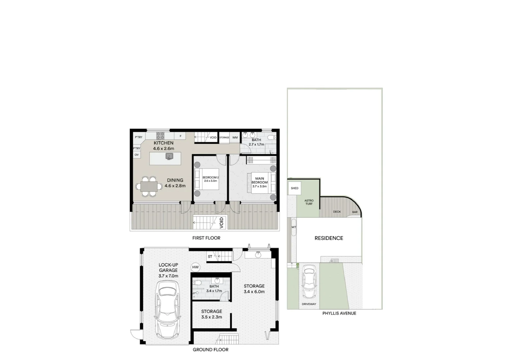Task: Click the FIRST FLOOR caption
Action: [206, 238]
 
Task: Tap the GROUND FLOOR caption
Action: [210, 350]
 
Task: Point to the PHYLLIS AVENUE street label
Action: [339, 313]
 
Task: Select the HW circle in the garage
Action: [195, 267]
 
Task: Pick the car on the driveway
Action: [309, 282]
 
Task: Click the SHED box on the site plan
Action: [295, 188]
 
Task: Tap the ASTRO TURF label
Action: [309, 202]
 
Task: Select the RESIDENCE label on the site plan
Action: [329, 238]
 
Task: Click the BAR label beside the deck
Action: [355, 212]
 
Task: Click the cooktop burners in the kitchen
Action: [160, 136]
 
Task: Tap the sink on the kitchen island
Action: [169, 156]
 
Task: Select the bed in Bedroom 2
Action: [207, 179]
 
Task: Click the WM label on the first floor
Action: [235, 137]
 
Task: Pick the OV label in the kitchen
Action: [137, 155]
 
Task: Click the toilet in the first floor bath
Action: [272, 137]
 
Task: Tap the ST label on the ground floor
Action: [210, 257]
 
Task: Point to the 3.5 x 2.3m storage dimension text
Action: [211, 317]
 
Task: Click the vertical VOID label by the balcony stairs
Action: [221, 222]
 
